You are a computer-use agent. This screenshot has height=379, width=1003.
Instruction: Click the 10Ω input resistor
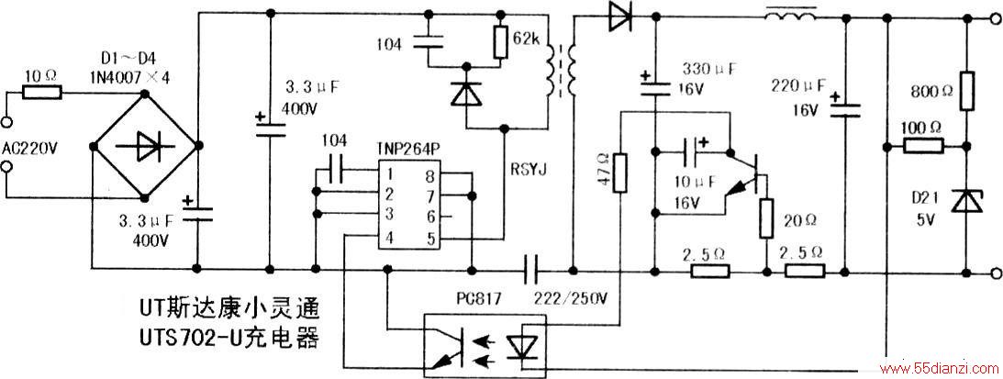pyautogui.click(x=42, y=93)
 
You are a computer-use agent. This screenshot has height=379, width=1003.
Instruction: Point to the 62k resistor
pyautogui.click(x=502, y=42)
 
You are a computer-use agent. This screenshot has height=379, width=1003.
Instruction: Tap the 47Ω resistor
pyautogui.click(x=619, y=172)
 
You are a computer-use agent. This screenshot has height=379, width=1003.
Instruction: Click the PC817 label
pyautogui.click(x=474, y=298)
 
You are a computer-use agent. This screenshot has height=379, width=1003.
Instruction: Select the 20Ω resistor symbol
pyautogui.click(x=766, y=219)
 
